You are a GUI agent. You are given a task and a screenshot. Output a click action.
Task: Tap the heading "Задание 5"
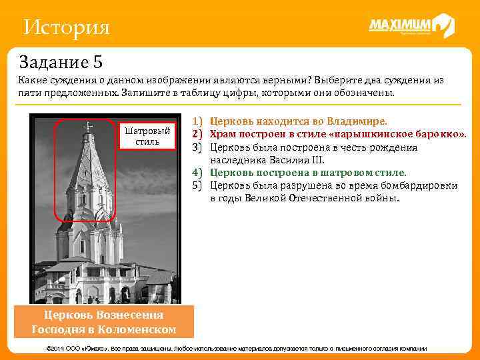click(61, 63)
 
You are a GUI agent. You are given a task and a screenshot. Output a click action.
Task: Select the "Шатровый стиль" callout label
click(146, 136)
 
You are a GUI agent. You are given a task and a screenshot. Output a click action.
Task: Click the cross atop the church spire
click(87, 125)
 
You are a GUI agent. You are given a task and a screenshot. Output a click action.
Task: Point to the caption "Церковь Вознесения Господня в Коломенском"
click(103, 322)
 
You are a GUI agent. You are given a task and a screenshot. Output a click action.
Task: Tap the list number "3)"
click(197, 147)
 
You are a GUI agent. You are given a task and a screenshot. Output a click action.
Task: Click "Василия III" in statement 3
click(299, 160)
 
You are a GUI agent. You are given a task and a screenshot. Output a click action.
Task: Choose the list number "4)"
click(197, 173)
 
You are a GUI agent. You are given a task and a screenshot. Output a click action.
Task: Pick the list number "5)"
click(197, 185)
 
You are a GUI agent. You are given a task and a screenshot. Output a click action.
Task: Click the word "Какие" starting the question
click(33, 80)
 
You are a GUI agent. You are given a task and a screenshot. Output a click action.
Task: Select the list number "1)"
click(197, 122)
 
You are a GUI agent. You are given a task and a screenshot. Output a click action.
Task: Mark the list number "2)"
click(197, 135)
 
